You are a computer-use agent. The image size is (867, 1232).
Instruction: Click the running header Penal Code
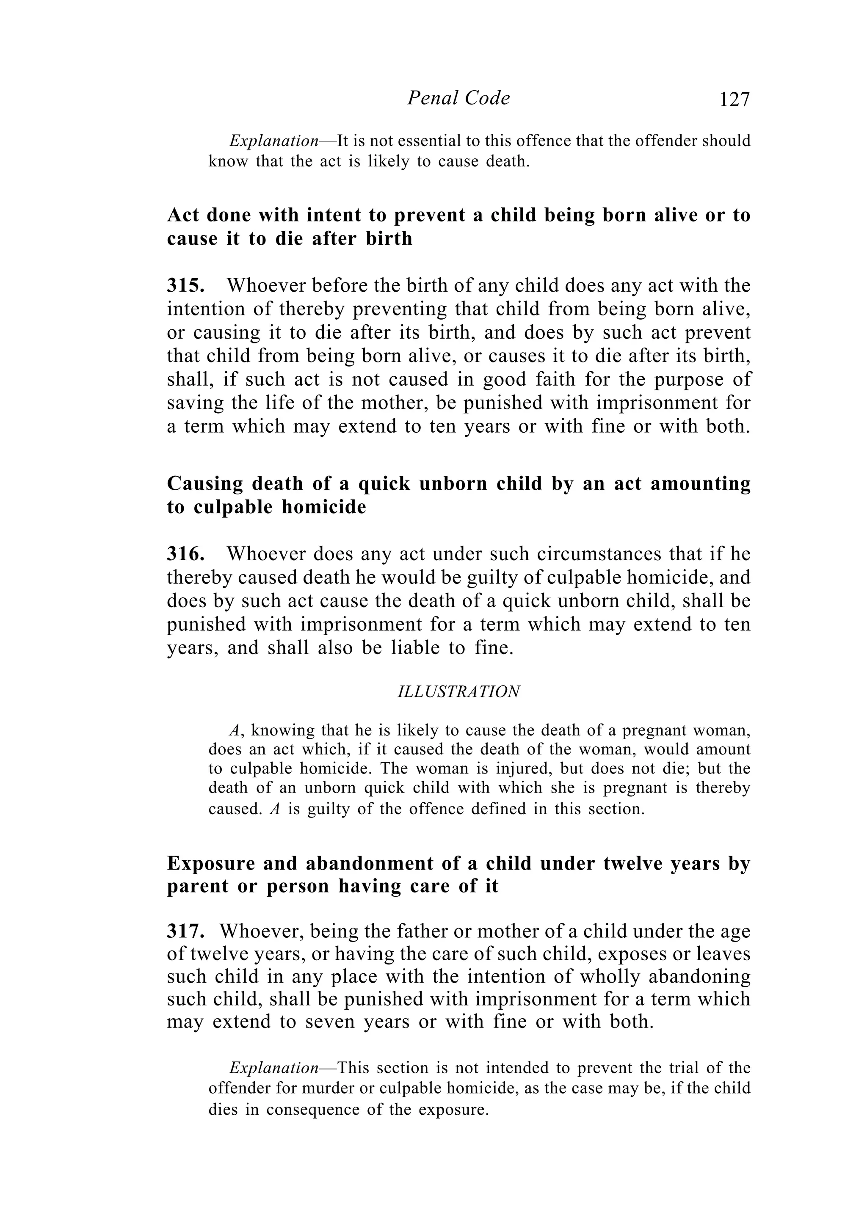(458, 98)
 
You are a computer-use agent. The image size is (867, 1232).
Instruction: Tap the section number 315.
(185, 285)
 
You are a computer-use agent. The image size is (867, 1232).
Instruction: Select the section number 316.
(185, 554)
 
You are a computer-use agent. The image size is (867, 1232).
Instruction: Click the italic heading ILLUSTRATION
(458, 692)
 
